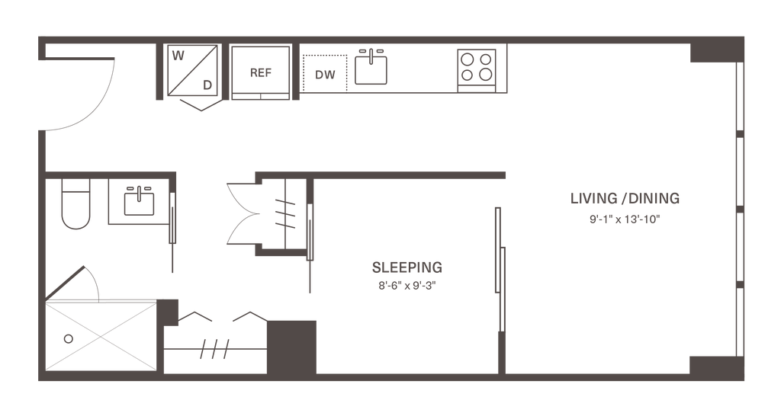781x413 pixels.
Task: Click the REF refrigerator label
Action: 261,73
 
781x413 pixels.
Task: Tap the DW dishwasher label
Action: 326,75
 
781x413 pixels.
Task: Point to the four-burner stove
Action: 477,68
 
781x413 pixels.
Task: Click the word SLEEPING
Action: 407,267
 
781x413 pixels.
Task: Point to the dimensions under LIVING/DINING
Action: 624,219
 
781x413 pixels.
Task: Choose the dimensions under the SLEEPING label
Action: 407,287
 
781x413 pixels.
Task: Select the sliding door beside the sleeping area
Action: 499,267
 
